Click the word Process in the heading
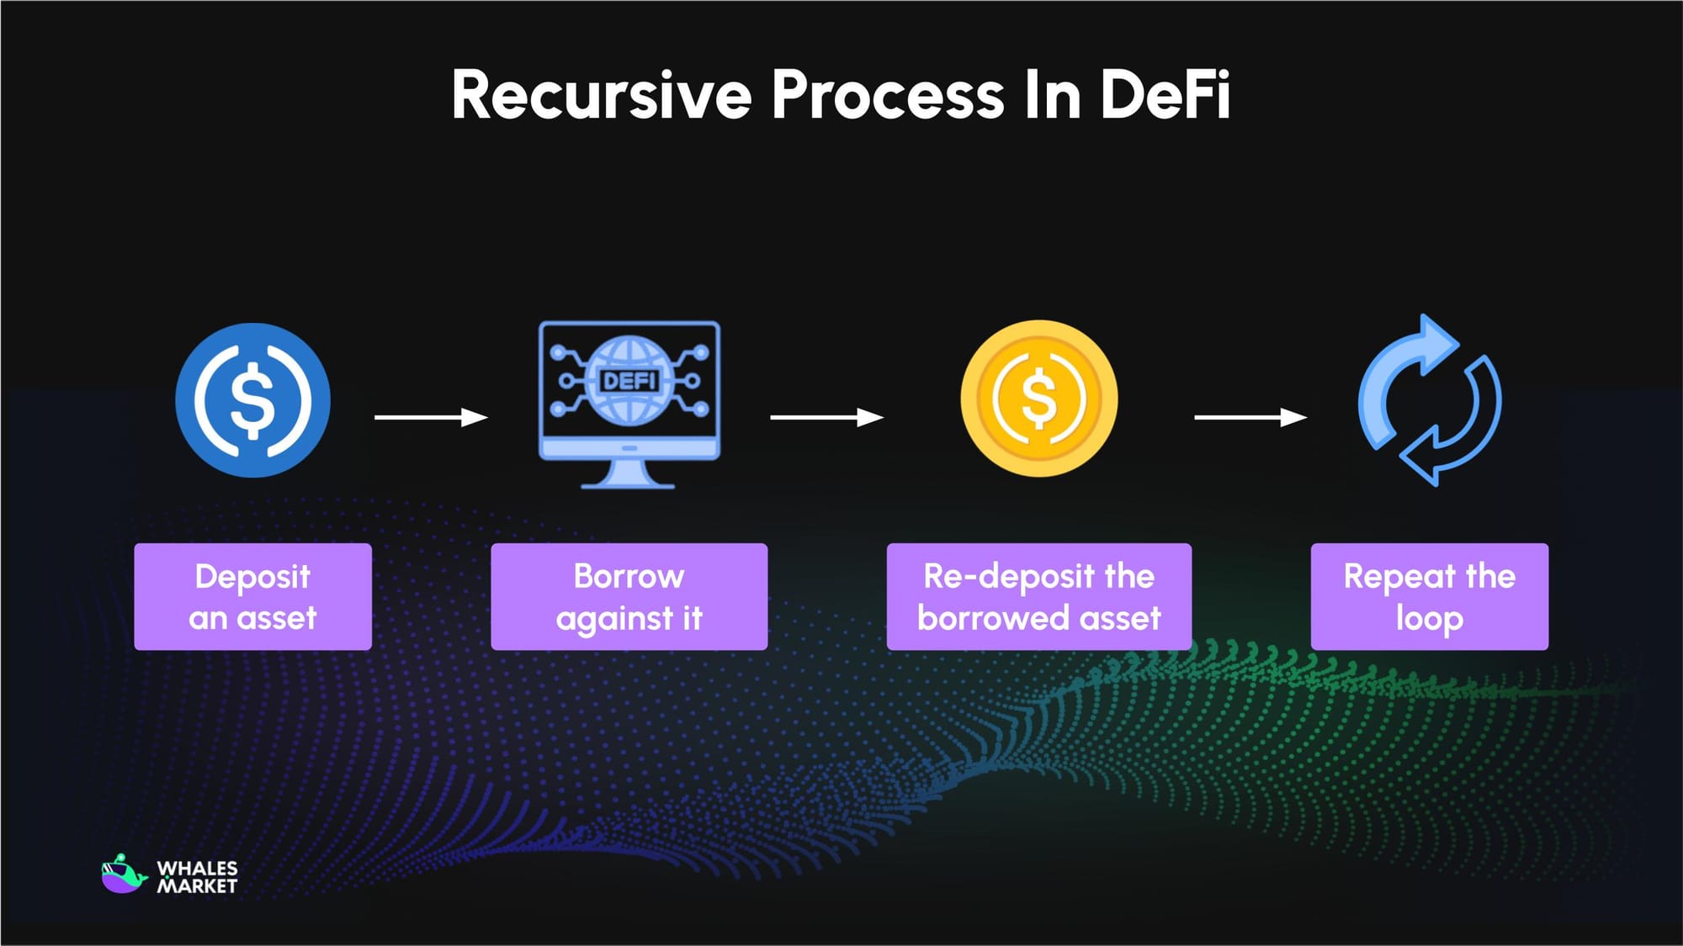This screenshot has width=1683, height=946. point(888,95)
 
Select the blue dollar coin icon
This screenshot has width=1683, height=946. point(252,400)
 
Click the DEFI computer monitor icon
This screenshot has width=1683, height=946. point(629,395)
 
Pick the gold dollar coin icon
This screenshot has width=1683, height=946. point(1039,399)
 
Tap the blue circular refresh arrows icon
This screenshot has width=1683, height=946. point(1430,400)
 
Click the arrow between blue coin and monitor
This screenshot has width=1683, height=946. point(431,417)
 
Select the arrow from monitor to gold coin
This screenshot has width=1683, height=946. point(826,417)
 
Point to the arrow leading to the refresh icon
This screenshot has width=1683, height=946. point(1250,417)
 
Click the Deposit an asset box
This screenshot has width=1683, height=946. point(252,596)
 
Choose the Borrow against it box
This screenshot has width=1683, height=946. point(629,596)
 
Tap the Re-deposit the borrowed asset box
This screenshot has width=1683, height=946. point(1038,596)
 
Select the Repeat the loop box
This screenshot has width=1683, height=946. point(1429,596)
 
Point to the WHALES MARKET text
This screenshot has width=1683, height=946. point(198,877)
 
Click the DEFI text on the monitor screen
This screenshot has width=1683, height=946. point(629,382)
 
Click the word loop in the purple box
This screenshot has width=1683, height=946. point(1429,618)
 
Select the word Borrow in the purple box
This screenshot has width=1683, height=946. point(629,577)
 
